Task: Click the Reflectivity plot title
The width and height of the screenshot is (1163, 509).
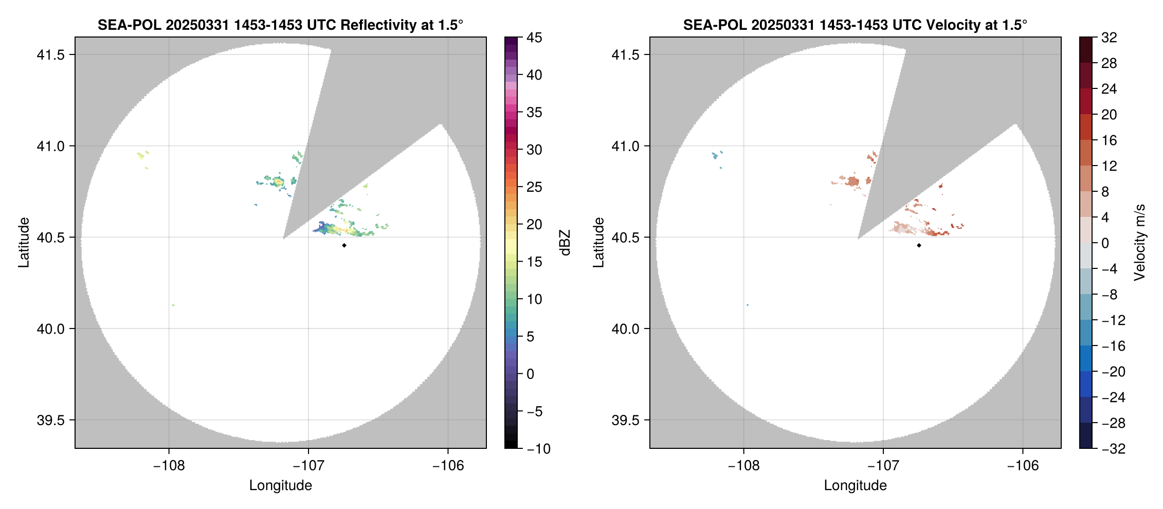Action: click(x=280, y=25)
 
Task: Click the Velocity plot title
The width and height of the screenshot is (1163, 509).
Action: click(x=855, y=25)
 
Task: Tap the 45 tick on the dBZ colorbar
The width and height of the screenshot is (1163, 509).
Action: click(x=534, y=38)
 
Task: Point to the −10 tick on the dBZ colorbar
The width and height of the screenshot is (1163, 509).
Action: click(x=538, y=448)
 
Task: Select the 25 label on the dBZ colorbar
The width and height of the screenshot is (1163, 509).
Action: click(x=534, y=187)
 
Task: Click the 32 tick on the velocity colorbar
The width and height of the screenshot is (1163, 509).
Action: click(x=1109, y=38)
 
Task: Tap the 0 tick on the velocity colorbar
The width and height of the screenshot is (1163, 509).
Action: click(x=1105, y=243)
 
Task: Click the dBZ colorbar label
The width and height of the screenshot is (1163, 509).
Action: click(x=565, y=243)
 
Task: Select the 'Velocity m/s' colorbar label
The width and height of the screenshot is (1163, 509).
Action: click(x=1139, y=243)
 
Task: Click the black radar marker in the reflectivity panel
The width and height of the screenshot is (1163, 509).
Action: click(x=344, y=245)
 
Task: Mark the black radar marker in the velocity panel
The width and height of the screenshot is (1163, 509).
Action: click(x=919, y=245)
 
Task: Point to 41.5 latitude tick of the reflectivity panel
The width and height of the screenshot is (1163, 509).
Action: click(x=51, y=54)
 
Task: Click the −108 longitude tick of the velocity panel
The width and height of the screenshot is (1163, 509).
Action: click(x=743, y=465)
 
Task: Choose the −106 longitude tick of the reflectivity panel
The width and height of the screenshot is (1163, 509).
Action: click(x=448, y=465)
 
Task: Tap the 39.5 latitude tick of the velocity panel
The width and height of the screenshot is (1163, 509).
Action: click(x=626, y=420)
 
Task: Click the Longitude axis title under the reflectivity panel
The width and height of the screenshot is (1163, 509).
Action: click(x=280, y=485)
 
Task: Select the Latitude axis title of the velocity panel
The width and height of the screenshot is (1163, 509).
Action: click(x=598, y=243)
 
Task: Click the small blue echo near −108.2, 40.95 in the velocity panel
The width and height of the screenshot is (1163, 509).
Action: click(x=715, y=155)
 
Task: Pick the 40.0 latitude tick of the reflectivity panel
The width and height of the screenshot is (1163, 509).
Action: click(x=51, y=329)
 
